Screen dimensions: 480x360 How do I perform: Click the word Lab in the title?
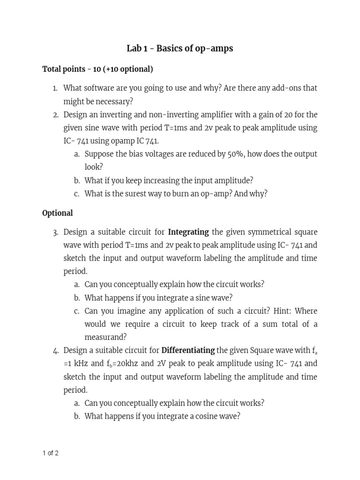coord(134,49)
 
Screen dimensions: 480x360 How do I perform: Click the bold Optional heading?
coord(58,213)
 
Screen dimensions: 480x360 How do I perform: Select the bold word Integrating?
coord(188,232)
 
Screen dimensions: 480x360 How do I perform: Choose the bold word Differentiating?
coord(188,350)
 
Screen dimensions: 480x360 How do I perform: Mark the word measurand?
coord(105,337)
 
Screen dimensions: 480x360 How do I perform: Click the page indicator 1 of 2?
coord(50,453)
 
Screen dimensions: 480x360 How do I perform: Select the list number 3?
coord(55,232)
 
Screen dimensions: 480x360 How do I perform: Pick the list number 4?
coord(55,350)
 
